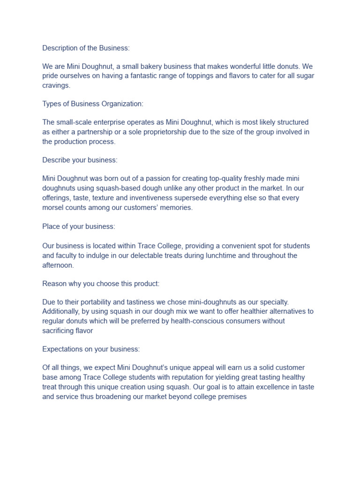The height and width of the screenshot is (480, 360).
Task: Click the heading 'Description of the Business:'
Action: pos(86,48)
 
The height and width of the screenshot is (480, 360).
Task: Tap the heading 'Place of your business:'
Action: pos(78,226)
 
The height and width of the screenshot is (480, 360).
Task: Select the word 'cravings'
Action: pos(55,85)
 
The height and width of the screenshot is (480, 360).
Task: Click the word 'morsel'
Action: pos(53,207)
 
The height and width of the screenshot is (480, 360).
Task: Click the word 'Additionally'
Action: pos(61,311)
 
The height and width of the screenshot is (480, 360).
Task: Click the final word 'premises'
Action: pos(231,397)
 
